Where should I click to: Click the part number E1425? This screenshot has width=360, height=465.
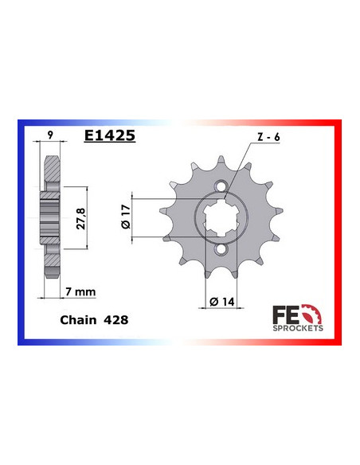pyautogui.click(x=109, y=136)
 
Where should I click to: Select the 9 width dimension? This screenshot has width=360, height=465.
pyautogui.click(x=52, y=136)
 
